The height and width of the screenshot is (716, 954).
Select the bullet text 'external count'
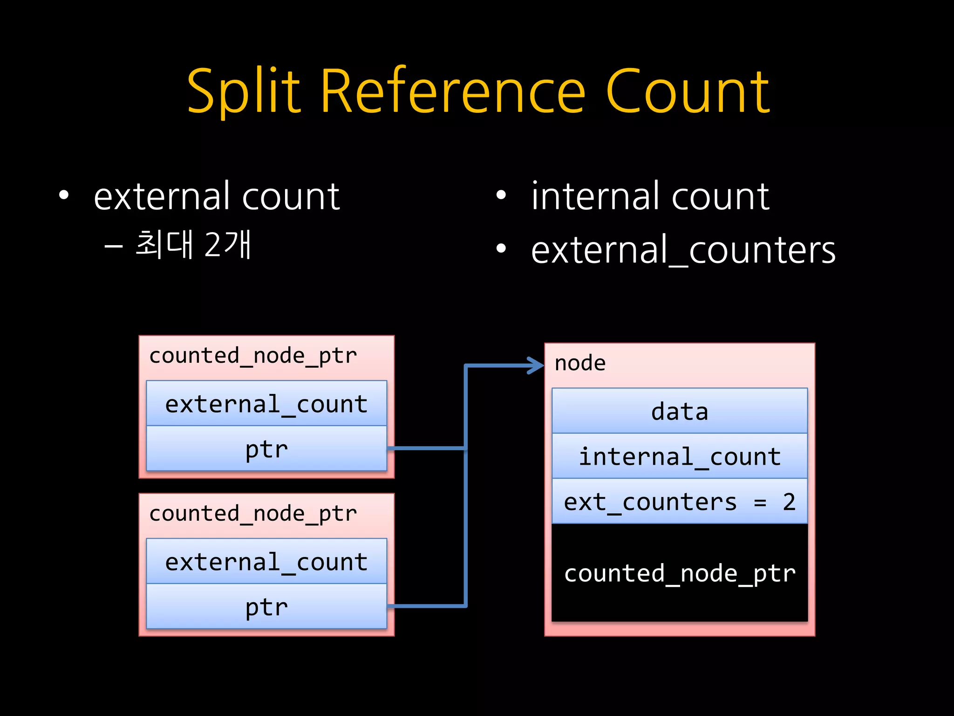click(217, 196)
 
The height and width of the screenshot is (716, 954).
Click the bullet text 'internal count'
click(650, 196)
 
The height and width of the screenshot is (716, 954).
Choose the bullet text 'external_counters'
click(683, 250)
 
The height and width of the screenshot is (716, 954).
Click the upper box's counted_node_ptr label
click(253, 356)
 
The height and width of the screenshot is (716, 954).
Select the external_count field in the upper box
click(266, 404)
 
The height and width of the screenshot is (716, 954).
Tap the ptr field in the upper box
click(266, 449)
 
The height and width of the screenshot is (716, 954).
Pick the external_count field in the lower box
click(266, 562)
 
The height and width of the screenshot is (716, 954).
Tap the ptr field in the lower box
click(266, 607)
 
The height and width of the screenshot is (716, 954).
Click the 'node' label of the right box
click(580, 363)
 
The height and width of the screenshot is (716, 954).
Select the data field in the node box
click(679, 411)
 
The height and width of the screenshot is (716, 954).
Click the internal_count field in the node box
click(679, 456)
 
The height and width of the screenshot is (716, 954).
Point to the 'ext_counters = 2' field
click(679, 502)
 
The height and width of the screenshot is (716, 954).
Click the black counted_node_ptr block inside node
click(679, 573)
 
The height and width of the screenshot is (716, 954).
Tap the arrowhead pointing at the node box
click(537, 365)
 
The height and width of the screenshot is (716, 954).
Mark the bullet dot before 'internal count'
click(501, 196)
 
